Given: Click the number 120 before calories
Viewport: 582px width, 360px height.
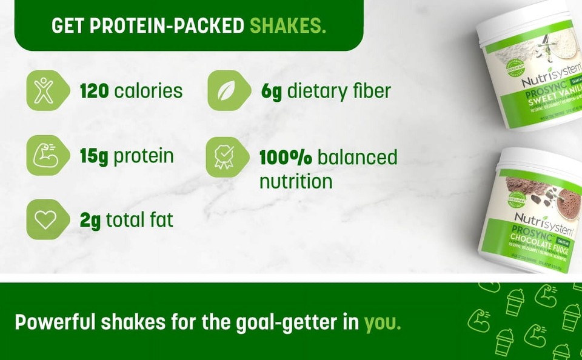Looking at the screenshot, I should click(x=94, y=91).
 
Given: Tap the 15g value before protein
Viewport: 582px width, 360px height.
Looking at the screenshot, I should click(x=94, y=156).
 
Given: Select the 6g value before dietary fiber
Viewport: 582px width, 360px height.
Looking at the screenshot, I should click(x=272, y=92).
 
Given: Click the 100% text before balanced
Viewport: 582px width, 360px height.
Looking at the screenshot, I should click(x=286, y=157).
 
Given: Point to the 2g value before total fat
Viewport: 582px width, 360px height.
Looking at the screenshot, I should click(x=90, y=220).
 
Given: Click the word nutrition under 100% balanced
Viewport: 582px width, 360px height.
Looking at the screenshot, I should click(x=295, y=181).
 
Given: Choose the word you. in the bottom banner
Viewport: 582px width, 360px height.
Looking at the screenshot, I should click(x=383, y=322).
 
